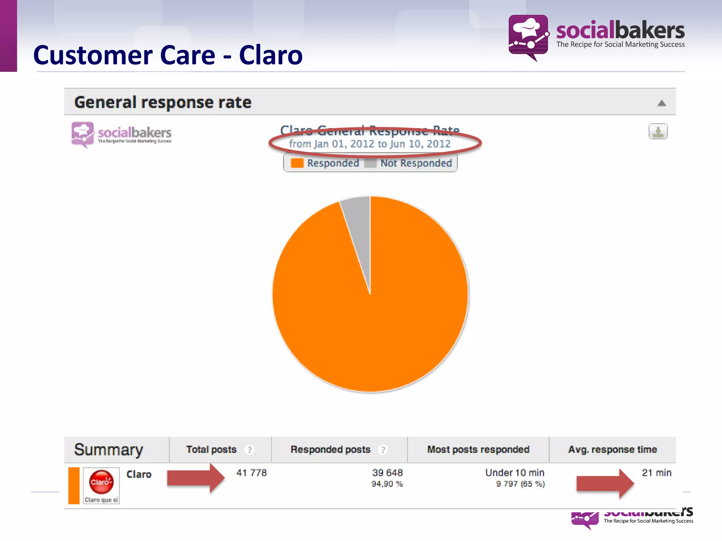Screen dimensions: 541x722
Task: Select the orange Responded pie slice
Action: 370,317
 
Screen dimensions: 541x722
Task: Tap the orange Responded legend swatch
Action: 297,163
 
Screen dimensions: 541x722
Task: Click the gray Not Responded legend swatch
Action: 370,163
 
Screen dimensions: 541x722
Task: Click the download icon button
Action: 658,131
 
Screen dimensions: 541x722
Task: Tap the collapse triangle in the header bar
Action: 662,103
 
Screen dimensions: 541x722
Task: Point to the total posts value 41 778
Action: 251,473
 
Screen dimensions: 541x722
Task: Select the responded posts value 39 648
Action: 387,473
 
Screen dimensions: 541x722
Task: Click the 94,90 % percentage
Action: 387,484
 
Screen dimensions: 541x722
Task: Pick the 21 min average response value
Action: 656,473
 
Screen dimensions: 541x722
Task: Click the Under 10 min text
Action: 514,473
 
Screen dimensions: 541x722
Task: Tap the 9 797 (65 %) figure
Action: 520,484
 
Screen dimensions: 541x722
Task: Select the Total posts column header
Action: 211,449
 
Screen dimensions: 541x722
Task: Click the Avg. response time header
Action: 612,449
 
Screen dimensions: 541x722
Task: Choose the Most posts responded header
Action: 478,449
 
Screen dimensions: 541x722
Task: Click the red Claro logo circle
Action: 101,482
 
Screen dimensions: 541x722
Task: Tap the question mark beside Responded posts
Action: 383,450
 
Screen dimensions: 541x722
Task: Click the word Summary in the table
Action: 109,450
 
